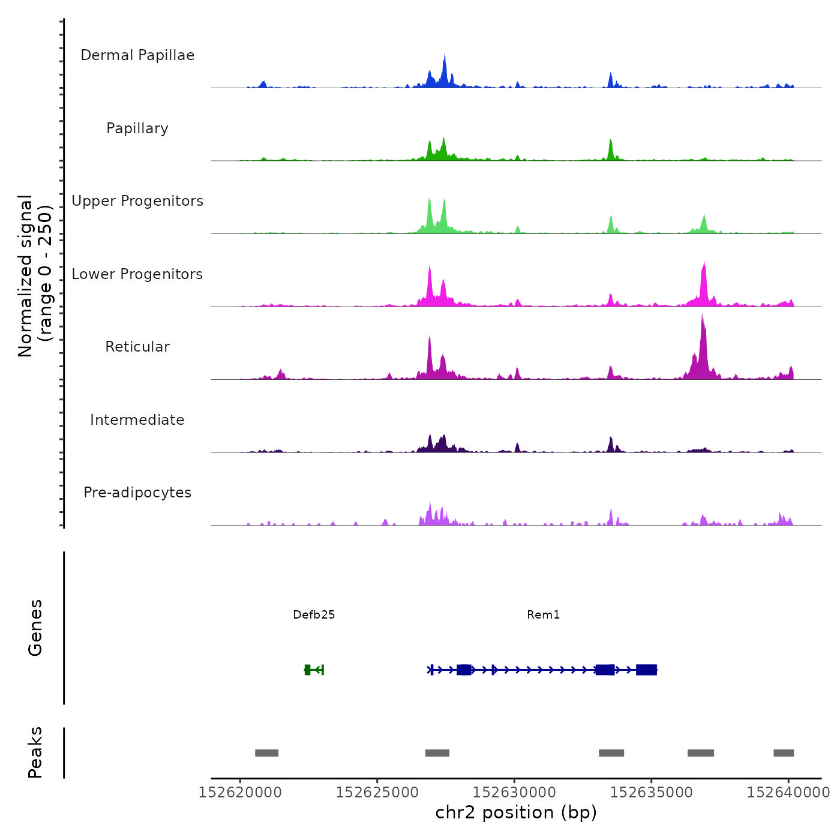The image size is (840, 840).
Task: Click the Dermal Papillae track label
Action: tap(137, 55)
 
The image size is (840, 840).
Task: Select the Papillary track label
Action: tap(137, 128)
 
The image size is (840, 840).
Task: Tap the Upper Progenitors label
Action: tap(137, 201)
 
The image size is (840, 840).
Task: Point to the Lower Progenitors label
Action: tap(137, 274)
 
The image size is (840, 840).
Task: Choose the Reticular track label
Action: tap(137, 347)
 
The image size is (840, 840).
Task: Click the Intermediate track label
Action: tap(137, 420)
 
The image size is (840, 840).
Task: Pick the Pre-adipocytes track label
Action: tap(137, 493)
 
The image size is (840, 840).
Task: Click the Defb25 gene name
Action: tap(314, 614)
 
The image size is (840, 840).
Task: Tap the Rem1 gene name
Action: tap(543, 614)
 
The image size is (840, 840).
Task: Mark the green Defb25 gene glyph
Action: tap(313, 670)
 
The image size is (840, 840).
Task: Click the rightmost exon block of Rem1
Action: tap(646, 670)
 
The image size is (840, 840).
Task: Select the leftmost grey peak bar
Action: tap(266, 753)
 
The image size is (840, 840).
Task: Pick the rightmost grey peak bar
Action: tap(784, 753)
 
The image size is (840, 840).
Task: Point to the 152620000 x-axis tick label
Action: tap(240, 792)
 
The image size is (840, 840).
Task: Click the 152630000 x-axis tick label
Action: tap(514, 792)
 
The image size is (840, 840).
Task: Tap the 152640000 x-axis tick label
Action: tap(788, 792)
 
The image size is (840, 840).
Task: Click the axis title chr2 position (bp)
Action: tap(516, 812)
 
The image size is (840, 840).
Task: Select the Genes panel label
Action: tap(35, 628)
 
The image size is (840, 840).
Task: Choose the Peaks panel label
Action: tap(35, 752)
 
